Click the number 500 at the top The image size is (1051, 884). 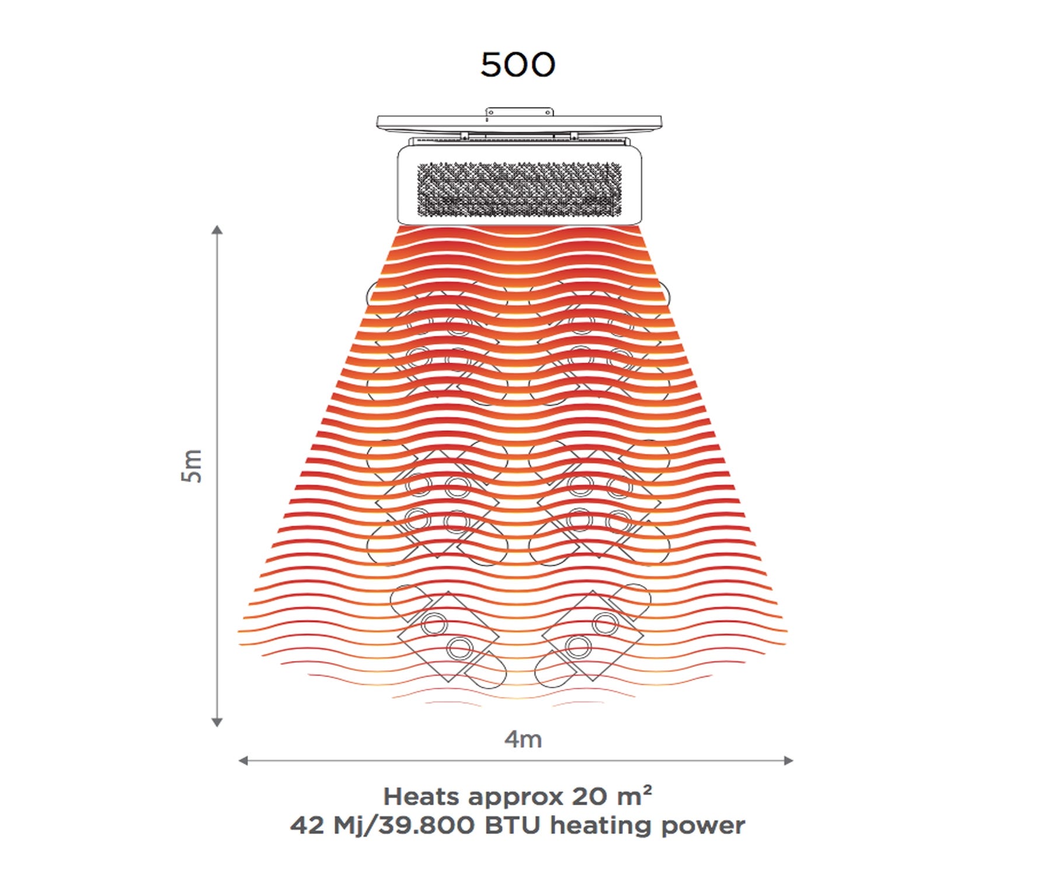click(x=517, y=64)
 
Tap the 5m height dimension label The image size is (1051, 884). click(x=192, y=466)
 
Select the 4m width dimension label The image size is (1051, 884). click(x=523, y=739)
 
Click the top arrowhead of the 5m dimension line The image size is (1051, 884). click(x=217, y=229)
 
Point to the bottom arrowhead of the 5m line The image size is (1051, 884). click(x=217, y=722)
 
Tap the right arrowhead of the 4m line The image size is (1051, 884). click(x=788, y=760)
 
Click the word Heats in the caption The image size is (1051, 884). click(x=422, y=797)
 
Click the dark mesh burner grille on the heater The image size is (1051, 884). click(x=519, y=189)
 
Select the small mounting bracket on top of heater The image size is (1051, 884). click(x=519, y=112)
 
